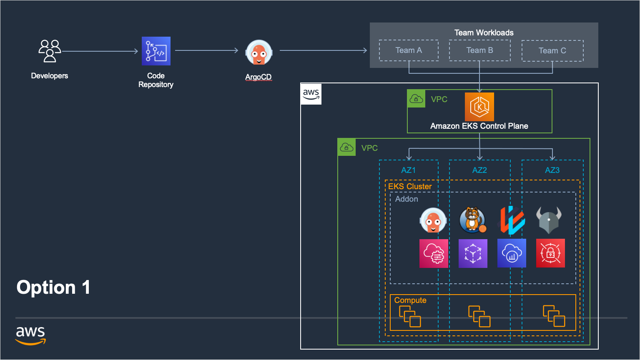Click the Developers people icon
point(50,51)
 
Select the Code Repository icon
point(156,51)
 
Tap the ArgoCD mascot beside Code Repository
point(259,53)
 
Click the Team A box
point(409,50)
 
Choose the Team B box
point(479,50)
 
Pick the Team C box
point(552,51)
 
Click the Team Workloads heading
point(484,32)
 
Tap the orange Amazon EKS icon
point(479,107)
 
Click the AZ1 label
point(408,170)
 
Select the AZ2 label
point(479,170)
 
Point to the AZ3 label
point(552,170)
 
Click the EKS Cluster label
point(410,186)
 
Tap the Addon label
point(407,199)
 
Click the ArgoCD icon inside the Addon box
point(433,220)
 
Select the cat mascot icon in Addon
point(472,220)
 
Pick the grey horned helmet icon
point(549,220)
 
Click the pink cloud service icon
point(434,253)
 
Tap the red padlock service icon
point(550,253)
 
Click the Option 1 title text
point(53,287)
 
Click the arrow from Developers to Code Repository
point(100,51)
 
